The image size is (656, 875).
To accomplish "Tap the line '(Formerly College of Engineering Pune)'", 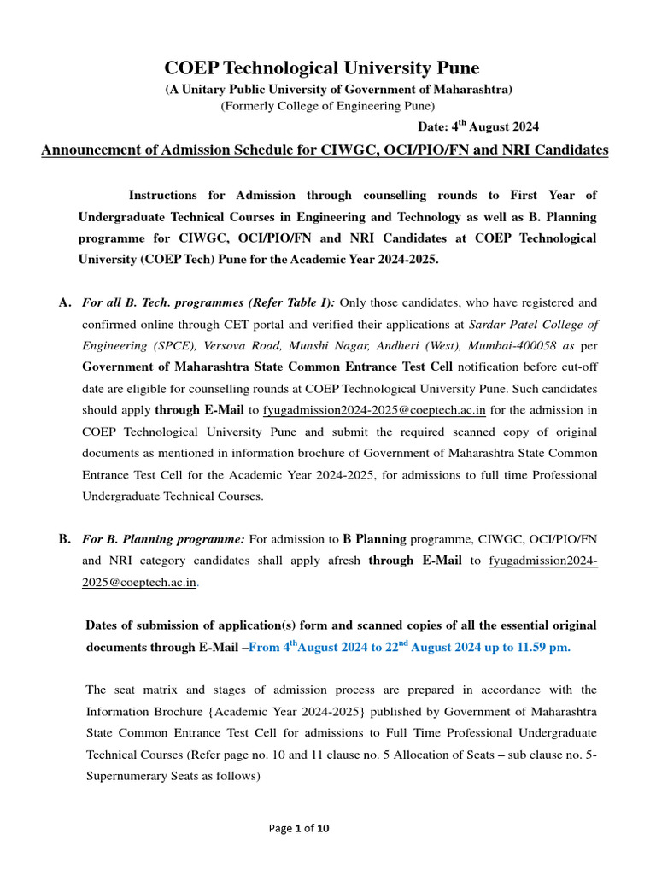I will coord(328,106).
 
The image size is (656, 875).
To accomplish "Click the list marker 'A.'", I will coord(65,302).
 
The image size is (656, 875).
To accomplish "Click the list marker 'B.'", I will coord(65,539).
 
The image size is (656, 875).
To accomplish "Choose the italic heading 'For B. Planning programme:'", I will coord(163,539).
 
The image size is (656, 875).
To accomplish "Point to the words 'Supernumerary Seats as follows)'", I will coord(172,776).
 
